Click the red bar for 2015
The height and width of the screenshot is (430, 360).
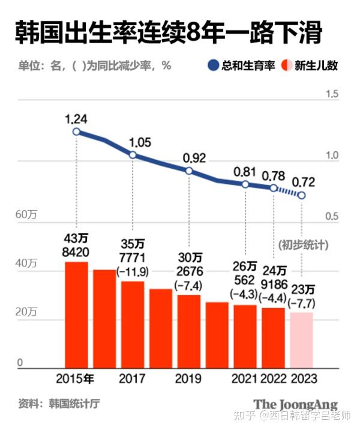click(x=76, y=314)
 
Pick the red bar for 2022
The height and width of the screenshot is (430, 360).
click(x=273, y=337)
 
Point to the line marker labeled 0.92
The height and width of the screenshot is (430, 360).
click(x=189, y=171)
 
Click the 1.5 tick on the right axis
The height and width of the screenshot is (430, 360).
click(x=332, y=94)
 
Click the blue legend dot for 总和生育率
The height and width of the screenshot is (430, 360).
click(x=213, y=65)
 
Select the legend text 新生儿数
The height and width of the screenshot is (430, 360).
click(x=316, y=65)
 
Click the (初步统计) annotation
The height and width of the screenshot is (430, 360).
click(x=304, y=245)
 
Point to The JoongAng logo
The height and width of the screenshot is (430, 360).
click(x=295, y=404)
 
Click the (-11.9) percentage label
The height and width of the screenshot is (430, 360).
click(x=133, y=271)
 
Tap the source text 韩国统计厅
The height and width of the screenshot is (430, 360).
click(x=74, y=402)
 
